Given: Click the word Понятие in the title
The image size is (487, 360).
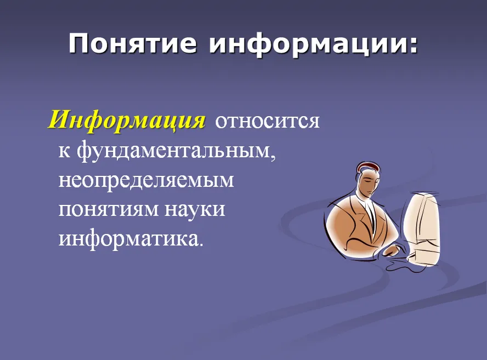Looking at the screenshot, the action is click(x=133, y=44).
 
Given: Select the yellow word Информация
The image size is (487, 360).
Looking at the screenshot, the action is click(x=127, y=120).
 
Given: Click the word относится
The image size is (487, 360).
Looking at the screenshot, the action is click(x=267, y=121).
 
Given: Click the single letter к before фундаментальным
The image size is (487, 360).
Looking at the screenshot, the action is click(x=64, y=152).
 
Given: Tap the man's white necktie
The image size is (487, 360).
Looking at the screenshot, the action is click(x=370, y=214).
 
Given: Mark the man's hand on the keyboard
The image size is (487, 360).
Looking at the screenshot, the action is click(x=394, y=250).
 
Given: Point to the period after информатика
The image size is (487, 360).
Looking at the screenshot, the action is click(x=201, y=244).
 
